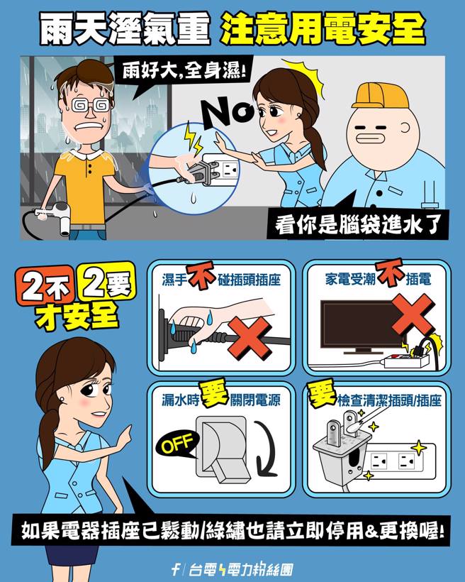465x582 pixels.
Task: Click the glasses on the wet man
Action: (x=91, y=105)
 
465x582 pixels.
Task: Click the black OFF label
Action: (x=177, y=446)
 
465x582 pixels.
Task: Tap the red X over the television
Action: (x=410, y=312)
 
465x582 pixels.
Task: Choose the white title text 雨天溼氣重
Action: (x=124, y=28)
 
